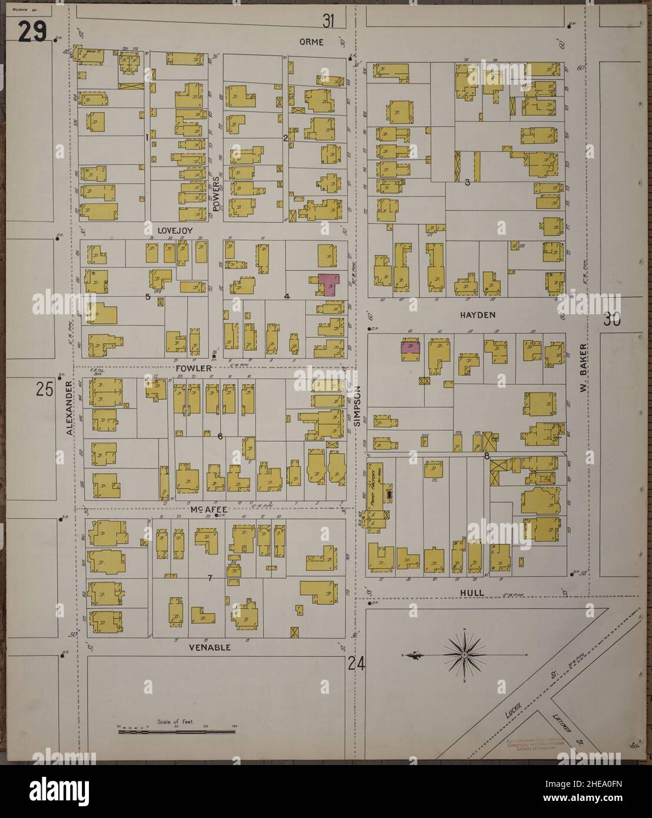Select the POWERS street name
pos(216,195)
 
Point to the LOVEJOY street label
pos(171,230)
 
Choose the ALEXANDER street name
pos(69,407)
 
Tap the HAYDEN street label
pos(478,315)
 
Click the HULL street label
pos(473,592)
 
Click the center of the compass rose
pos(464,653)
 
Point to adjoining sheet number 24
pos(357,663)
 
